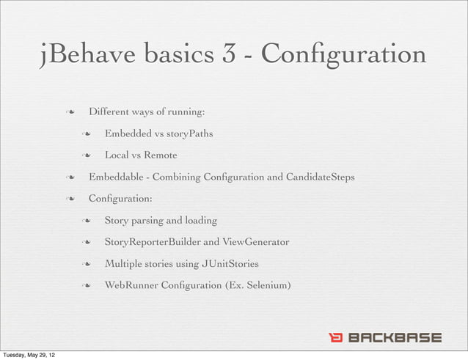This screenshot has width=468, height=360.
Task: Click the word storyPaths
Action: [x=190, y=133]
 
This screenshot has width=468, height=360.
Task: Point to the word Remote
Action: [x=160, y=155]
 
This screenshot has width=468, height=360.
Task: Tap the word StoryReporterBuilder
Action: [x=153, y=242]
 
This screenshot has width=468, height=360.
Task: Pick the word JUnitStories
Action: [x=229, y=263]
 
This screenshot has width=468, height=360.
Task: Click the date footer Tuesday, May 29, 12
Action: [x=32, y=355]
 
